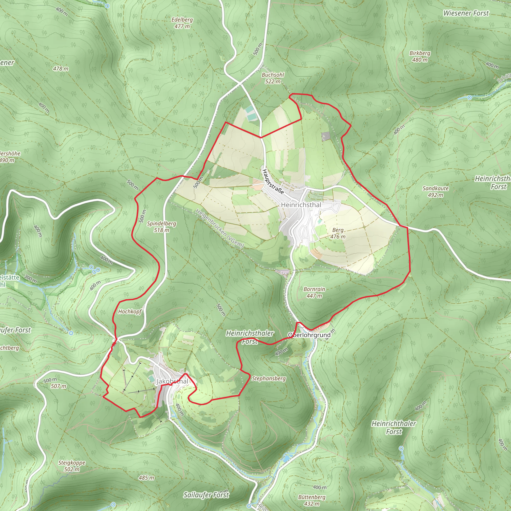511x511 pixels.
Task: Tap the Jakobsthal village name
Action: point(172,381)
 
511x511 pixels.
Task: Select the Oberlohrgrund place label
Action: point(309,335)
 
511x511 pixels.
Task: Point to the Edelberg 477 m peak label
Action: point(182,23)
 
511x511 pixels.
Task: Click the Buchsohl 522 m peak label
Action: point(273,78)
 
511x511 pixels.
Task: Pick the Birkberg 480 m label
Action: point(420,56)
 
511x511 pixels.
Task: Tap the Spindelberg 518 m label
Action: point(161,227)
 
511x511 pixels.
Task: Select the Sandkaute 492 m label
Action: point(435,191)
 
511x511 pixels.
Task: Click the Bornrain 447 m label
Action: point(314,292)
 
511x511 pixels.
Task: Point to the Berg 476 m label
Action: point(338,233)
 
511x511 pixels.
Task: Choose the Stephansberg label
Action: point(269,379)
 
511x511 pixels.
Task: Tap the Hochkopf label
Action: point(130,312)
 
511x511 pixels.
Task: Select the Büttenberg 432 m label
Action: point(312,500)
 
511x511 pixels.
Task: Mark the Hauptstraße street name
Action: point(273,182)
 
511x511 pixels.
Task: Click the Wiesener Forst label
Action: point(466,13)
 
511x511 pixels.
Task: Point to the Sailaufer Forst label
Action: point(206,495)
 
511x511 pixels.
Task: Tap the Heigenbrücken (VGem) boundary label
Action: point(219,228)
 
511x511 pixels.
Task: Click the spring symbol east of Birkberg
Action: point(470,98)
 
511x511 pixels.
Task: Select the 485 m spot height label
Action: point(146,478)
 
